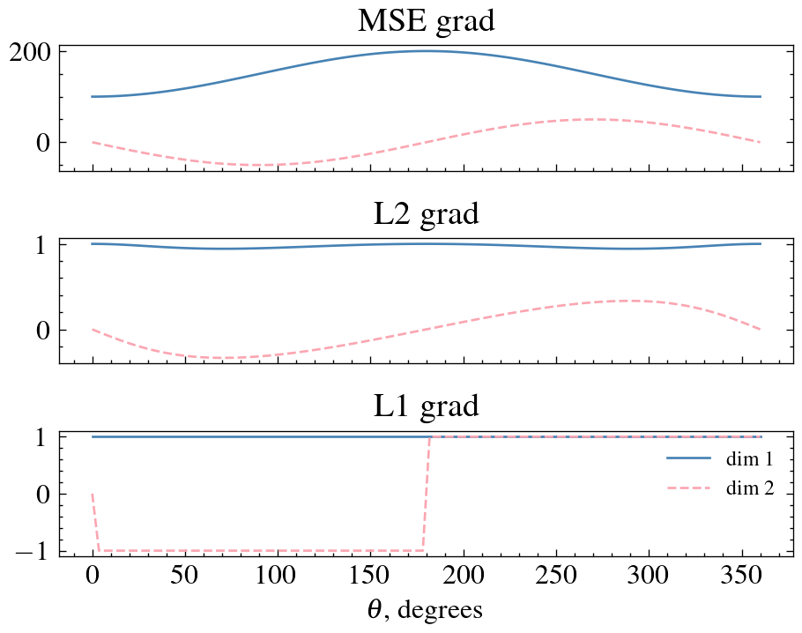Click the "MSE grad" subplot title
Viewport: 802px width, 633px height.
[426, 21]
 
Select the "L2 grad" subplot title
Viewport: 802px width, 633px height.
[426, 213]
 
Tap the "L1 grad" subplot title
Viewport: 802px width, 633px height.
[426, 406]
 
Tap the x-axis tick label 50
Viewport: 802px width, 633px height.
[185, 579]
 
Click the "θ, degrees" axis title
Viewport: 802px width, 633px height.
[426, 610]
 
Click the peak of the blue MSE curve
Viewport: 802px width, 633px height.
[427, 51]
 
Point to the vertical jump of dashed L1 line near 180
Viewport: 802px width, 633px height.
[427, 494]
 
